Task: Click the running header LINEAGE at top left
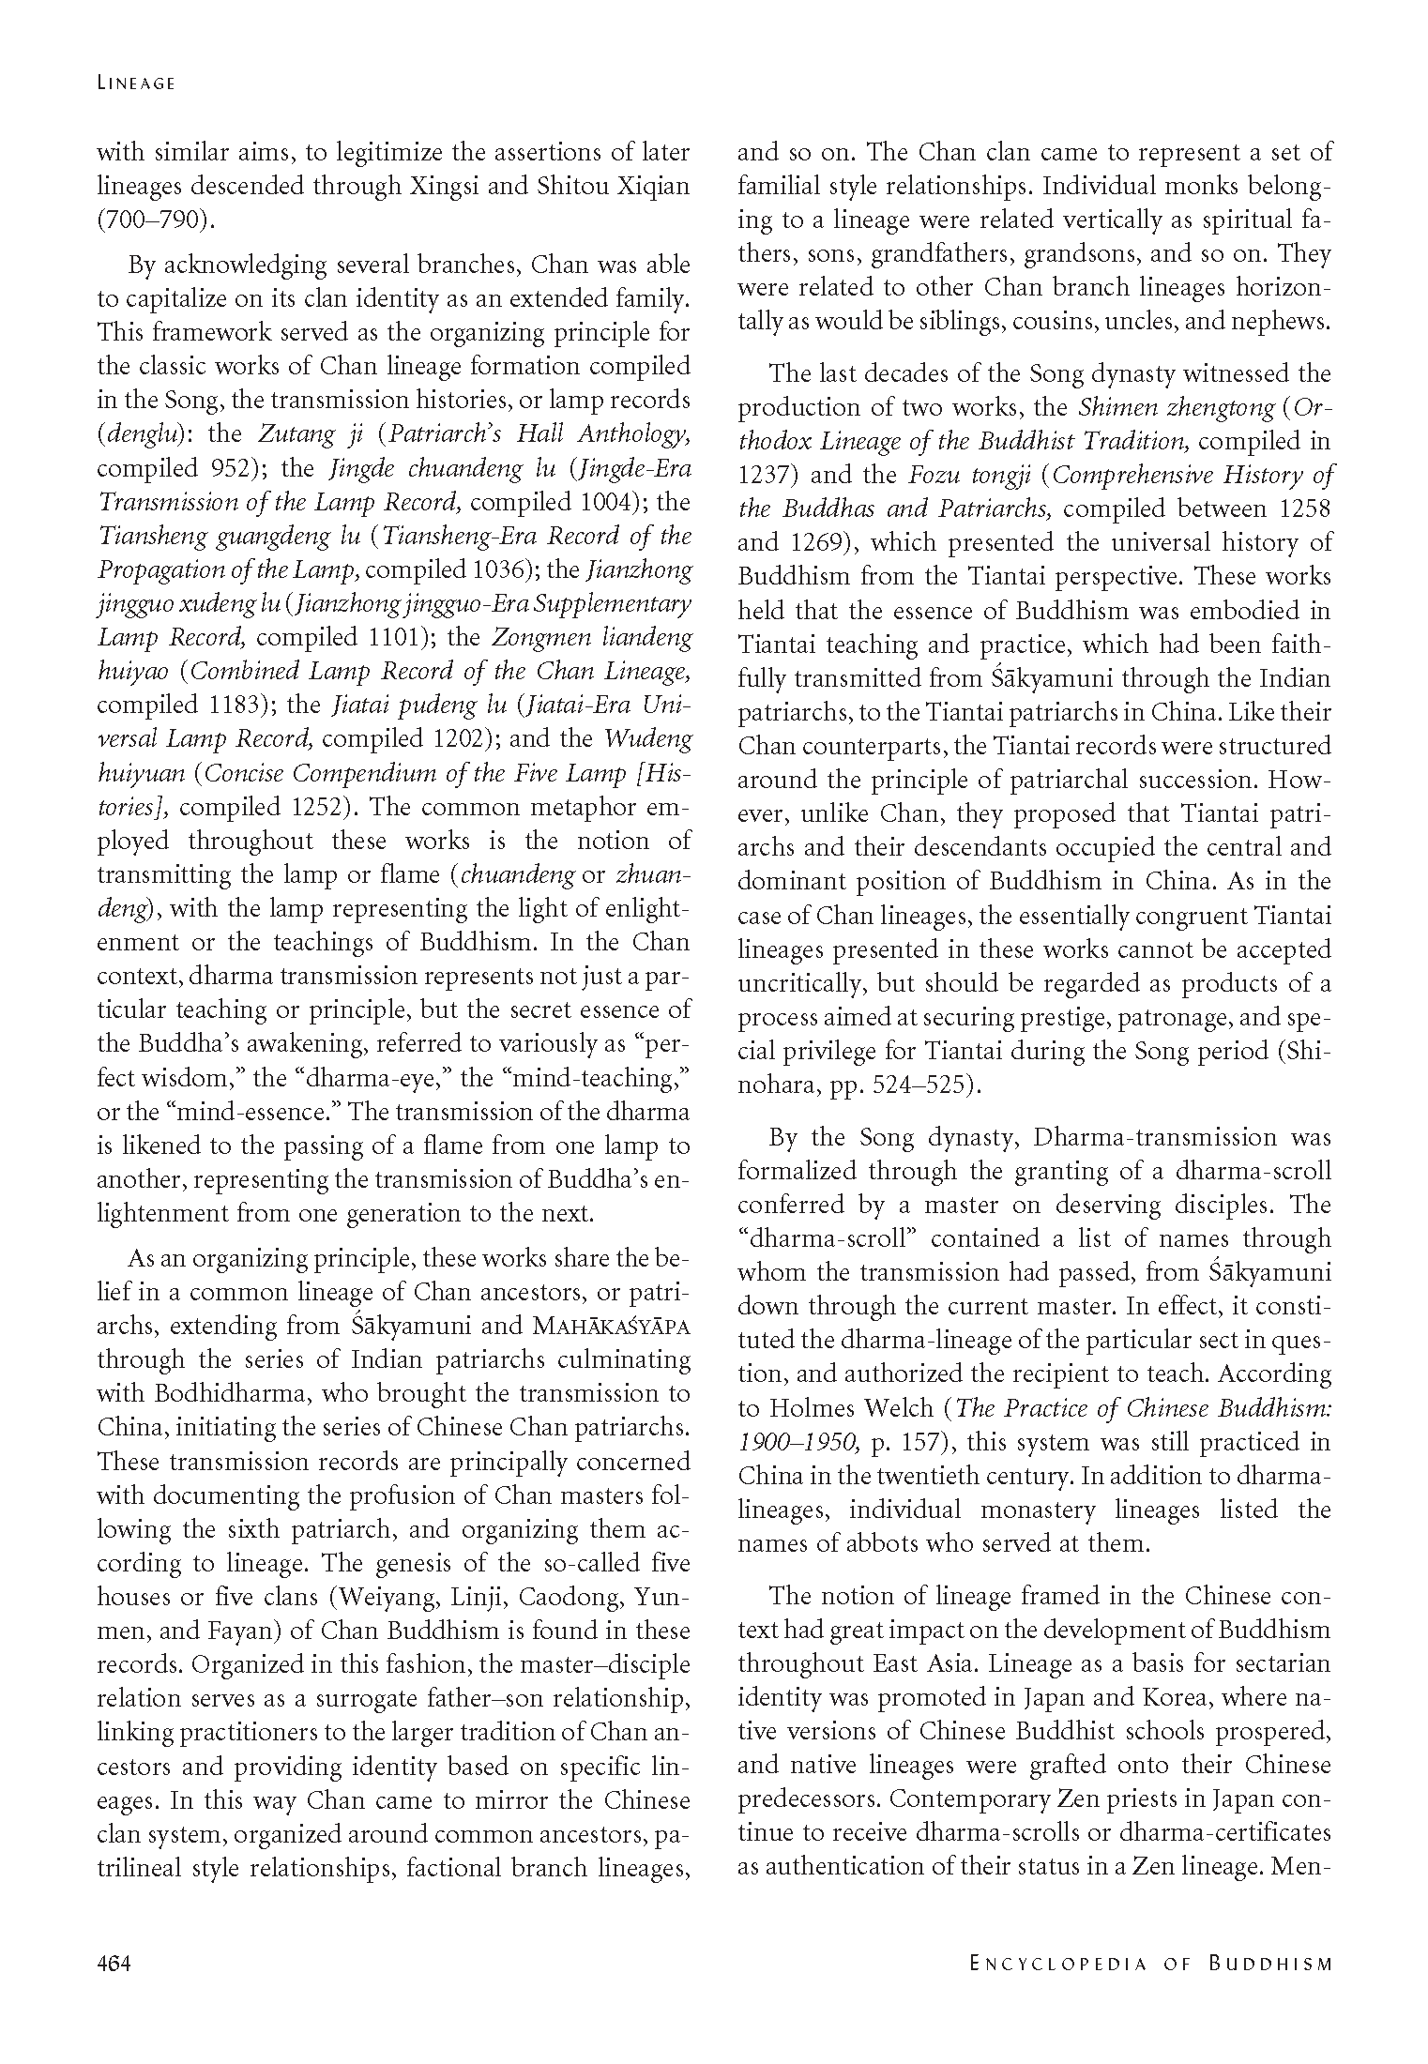click(x=136, y=83)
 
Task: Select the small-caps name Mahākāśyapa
click(x=610, y=1327)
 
